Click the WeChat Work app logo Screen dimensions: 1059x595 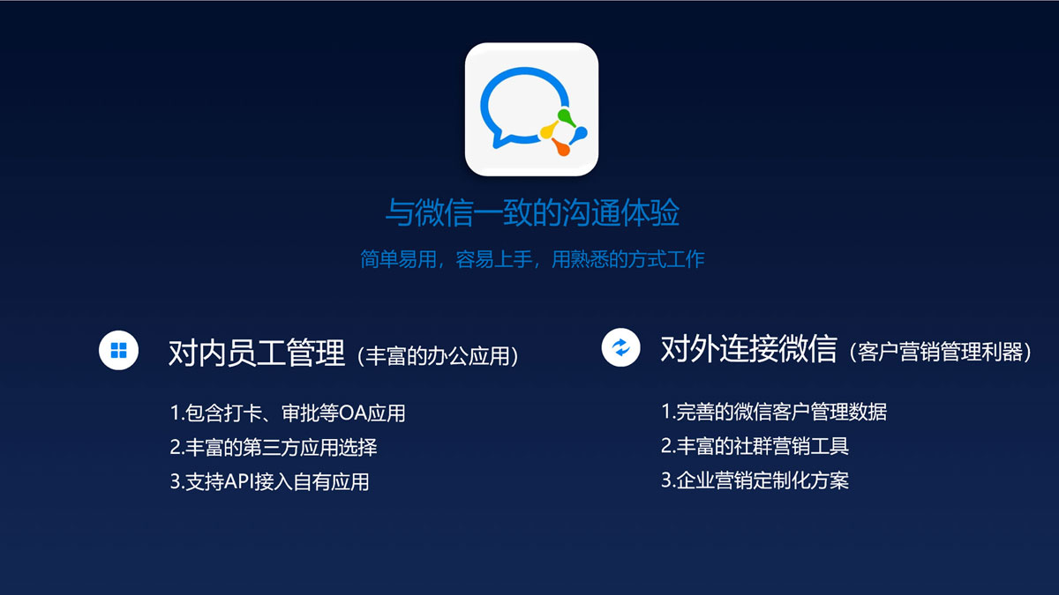[x=531, y=109]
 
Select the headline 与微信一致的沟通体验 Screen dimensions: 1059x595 [x=532, y=213]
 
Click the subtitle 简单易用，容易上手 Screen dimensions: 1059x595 [x=446, y=259]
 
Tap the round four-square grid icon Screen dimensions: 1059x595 [x=118, y=351]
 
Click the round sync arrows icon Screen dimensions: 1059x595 [x=620, y=347]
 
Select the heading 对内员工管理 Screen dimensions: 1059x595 [x=257, y=353]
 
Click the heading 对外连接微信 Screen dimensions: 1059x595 [x=749, y=349]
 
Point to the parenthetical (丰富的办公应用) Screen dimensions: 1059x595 [x=438, y=356]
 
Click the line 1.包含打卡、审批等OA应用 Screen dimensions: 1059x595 [x=288, y=413]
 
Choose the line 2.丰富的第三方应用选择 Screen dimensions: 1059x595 [x=274, y=448]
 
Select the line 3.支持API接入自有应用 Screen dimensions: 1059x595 [x=269, y=482]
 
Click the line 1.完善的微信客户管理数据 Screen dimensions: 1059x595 [x=774, y=412]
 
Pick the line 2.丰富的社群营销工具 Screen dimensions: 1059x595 [x=755, y=446]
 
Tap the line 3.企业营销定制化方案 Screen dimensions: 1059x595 [x=755, y=480]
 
